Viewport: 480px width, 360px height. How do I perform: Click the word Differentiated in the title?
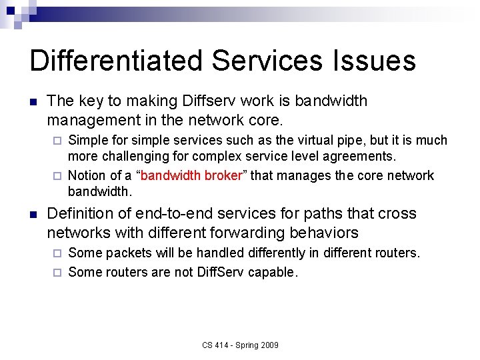(x=116, y=61)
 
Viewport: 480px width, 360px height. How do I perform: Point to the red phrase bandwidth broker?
(x=191, y=175)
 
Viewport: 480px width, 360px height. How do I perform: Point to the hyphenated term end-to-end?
(x=176, y=213)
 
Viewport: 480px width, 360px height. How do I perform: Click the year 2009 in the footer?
(x=269, y=345)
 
